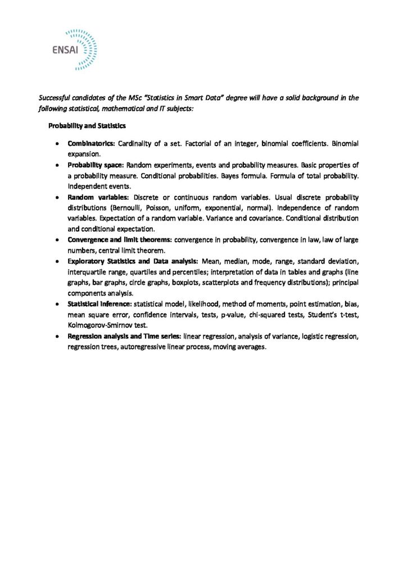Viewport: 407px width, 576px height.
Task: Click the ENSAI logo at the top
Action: click(74, 49)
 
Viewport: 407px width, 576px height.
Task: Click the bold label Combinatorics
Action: click(91, 144)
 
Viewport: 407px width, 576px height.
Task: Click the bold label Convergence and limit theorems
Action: click(120, 240)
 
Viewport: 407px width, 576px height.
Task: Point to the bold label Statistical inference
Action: click(100, 304)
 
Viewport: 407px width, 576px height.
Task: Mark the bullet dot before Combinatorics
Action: click(58, 145)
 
